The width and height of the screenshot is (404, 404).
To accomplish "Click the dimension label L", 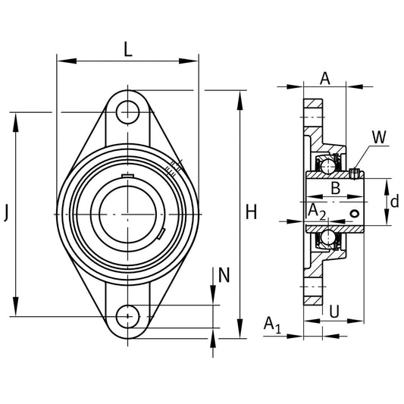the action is click(x=128, y=49).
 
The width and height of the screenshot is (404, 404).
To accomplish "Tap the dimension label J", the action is click(x=6, y=212).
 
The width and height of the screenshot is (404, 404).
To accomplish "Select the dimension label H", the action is click(x=251, y=211).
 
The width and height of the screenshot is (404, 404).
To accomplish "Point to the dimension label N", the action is click(x=224, y=275).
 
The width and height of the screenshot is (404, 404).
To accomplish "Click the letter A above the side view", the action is click(x=325, y=78).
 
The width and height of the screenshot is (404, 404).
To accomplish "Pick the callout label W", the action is click(x=379, y=137).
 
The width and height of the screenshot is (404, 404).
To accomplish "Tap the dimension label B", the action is click(x=336, y=188).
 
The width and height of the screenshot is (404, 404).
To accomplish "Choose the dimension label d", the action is click(x=394, y=201).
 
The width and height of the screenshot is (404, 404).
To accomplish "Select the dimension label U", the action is click(x=334, y=312).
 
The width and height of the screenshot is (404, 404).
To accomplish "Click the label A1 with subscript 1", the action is click(x=272, y=325).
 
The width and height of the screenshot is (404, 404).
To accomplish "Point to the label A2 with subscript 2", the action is click(x=317, y=211).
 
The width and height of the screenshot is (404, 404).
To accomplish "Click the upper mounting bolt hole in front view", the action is click(x=128, y=113).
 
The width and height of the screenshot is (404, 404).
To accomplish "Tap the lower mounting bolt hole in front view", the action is click(x=128, y=316).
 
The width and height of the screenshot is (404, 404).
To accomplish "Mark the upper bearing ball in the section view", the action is click(x=327, y=166).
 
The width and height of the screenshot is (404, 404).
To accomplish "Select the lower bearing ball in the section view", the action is click(x=327, y=236).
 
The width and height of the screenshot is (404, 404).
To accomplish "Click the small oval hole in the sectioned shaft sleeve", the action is click(x=355, y=214).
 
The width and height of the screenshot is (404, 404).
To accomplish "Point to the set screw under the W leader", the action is click(x=355, y=174).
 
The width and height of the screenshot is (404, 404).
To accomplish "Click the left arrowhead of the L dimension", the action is click(x=67, y=61).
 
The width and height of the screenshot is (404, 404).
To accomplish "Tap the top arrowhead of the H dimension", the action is click(x=240, y=101).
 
